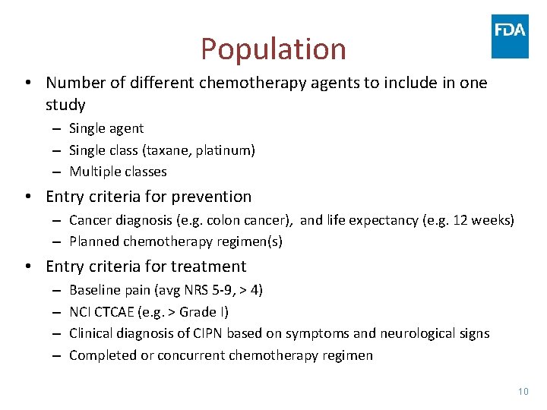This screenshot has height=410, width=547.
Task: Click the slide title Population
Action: pos(273,49)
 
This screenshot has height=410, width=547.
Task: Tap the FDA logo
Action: pos(510,36)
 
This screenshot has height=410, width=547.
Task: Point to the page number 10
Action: pos(522,391)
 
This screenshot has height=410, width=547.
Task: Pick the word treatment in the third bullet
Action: pos(210,266)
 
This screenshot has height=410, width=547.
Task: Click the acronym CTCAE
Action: pos(119,312)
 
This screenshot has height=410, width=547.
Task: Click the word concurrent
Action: pos(191,355)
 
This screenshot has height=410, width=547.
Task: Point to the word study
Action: pos(65,105)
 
